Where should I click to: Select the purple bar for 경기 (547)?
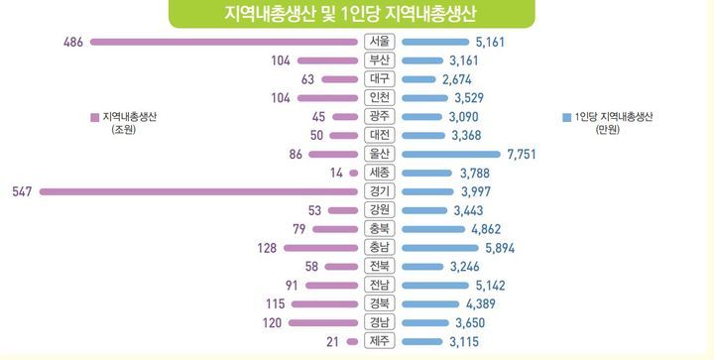[x=198, y=191]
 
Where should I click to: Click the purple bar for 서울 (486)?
[x=223, y=42]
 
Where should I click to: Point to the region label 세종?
[x=379, y=173]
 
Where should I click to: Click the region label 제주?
[x=379, y=342]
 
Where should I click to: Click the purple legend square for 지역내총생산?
[x=94, y=116]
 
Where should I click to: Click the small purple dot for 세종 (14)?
[x=353, y=173]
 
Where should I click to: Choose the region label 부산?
[x=379, y=60]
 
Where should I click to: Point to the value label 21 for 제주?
[x=332, y=342]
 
